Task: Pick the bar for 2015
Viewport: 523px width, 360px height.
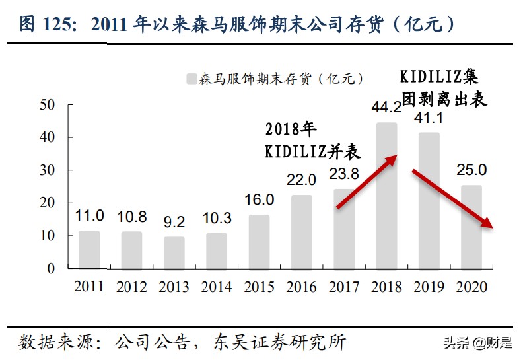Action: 259,242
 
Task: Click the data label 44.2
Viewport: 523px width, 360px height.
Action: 386,107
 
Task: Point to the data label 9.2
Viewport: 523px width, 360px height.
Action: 174,222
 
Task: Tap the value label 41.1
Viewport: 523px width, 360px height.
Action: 429,118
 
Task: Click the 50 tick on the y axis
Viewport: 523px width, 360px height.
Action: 47,105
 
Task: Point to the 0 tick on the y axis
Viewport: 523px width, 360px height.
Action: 51,269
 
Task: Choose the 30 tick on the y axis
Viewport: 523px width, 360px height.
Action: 47,170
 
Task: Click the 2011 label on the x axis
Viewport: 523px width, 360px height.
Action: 89,287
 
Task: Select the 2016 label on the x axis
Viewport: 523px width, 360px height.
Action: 301,287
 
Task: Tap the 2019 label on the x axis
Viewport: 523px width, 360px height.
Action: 429,287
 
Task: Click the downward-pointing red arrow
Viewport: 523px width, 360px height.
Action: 453,199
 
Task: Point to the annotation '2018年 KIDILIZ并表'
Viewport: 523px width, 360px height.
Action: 312,140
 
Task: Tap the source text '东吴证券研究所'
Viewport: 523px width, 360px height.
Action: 278,342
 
